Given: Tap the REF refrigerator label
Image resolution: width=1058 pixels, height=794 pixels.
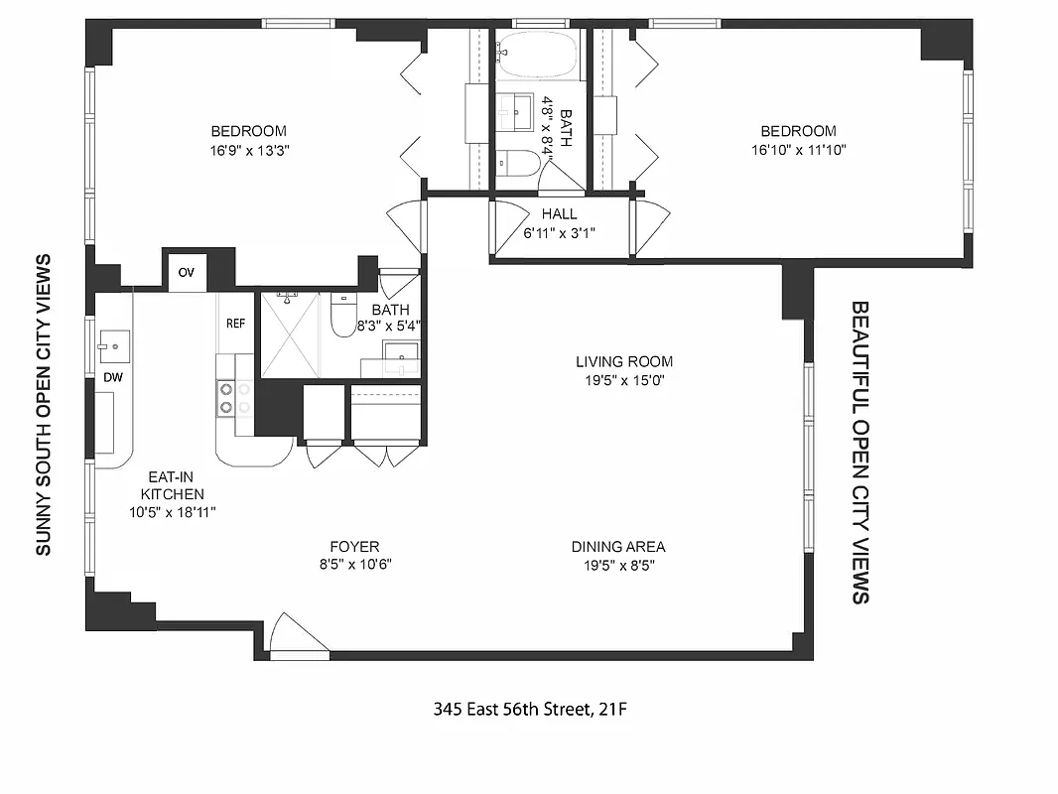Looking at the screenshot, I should [x=235, y=324].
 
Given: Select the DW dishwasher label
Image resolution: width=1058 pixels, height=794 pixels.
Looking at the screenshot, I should [x=112, y=378].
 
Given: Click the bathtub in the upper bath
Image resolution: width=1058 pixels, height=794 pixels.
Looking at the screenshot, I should [x=537, y=54].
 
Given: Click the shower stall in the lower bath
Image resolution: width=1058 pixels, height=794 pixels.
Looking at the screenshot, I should [x=291, y=334].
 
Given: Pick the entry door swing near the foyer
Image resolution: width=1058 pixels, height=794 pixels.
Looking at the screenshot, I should [x=298, y=635].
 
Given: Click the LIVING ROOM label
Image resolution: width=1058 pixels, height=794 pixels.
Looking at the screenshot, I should [x=624, y=362].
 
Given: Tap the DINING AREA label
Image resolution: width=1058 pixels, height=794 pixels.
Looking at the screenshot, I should [x=617, y=547].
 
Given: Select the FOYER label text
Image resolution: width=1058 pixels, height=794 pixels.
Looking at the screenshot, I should [x=354, y=547].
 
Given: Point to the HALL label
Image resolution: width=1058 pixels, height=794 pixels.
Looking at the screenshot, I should [x=559, y=214].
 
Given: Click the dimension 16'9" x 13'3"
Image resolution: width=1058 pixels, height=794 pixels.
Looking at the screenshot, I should [x=248, y=151].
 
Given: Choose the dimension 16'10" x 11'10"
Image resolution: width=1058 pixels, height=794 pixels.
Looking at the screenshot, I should [x=798, y=151].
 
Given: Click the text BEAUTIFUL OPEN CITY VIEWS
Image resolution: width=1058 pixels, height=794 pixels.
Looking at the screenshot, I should [x=860, y=453].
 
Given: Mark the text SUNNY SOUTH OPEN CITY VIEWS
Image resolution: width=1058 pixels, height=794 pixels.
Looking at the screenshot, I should [x=43, y=405].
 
